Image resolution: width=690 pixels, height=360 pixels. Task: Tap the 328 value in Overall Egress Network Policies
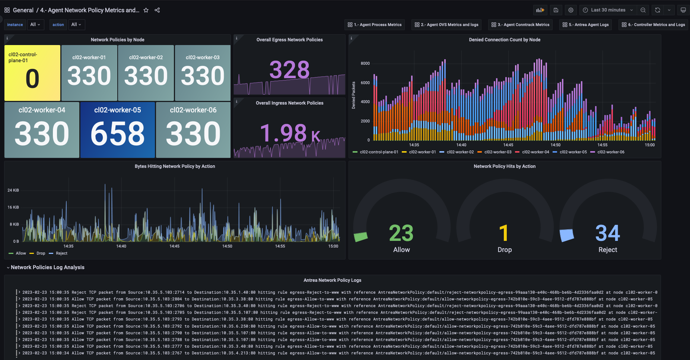[289, 70]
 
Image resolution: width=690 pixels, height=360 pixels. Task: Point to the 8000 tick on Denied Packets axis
[365, 64]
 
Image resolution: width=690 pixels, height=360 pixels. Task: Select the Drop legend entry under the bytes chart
[41, 253]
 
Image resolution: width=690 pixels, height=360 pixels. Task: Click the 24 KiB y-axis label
[13, 190]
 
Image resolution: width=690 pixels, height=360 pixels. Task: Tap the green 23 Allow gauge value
[401, 233]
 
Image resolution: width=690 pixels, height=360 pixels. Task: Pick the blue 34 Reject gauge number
[607, 233]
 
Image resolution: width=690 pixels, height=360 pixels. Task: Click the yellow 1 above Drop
[504, 233]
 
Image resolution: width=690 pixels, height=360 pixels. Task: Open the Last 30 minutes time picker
[608, 10]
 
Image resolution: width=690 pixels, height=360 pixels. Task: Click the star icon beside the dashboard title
[146, 10]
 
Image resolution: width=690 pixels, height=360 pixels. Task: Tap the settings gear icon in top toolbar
[570, 10]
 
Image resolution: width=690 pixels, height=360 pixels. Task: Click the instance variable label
[15, 25]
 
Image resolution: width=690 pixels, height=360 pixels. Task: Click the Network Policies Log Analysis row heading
[47, 267]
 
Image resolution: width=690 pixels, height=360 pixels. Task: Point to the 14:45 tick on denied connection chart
[508, 145]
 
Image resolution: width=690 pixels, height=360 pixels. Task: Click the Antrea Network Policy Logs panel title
[332, 280]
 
